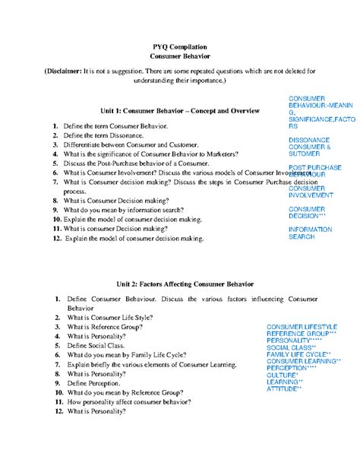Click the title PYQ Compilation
pos(180,47)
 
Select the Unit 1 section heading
pos(180,111)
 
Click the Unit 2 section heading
pos(180,284)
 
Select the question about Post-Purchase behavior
pos(131,163)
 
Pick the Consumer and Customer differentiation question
pos(131,144)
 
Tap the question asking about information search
pos(129,210)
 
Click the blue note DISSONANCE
pos(309,141)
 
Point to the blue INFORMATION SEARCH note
pos(310,233)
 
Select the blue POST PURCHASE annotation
pos(315,167)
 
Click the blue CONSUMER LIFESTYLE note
pos(302,326)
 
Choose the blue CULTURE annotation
pos(282,376)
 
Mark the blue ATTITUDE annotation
pos(284,389)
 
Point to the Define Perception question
pos(99,383)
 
